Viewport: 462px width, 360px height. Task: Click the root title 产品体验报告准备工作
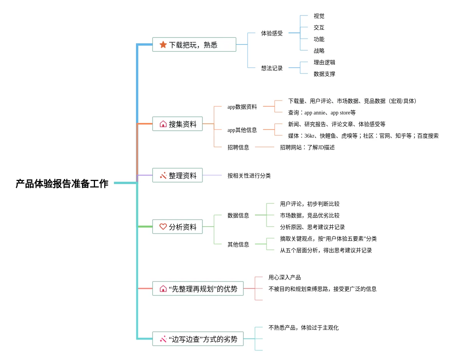click(62, 184)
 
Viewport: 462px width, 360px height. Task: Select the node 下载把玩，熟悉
click(194, 45)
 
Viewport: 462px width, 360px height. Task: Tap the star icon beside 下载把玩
click(163, 45)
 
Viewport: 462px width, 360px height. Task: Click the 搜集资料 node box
click(177, 124)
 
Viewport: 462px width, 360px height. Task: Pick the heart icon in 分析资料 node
click(163, 227)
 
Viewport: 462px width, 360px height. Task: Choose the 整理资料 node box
click(177, 176)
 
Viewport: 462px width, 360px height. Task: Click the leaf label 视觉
click(319, 16)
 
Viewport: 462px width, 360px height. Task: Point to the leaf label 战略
click(319, 51)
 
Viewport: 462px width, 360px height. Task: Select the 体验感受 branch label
click(272, 33)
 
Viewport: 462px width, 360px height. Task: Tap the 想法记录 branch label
click(272, 68)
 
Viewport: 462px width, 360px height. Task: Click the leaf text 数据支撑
click(324, 74)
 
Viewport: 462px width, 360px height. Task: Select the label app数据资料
click(242, 107)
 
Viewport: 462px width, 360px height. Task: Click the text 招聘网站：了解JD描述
click(307, 148)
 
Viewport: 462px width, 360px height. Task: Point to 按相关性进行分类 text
click(249, 176)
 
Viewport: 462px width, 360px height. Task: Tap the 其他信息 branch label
click(238, 245)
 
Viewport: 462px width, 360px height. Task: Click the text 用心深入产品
click(285, 278)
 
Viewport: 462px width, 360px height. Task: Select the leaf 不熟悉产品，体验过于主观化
click(304, 328)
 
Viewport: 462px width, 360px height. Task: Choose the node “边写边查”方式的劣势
click(198, 339)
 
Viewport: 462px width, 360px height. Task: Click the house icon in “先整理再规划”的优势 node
click(163, 288)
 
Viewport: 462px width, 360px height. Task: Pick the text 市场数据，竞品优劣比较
click(310, 216)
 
